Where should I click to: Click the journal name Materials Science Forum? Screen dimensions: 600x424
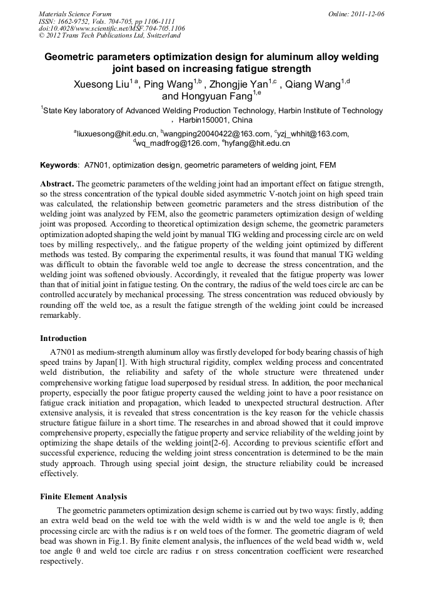tap(75, 14)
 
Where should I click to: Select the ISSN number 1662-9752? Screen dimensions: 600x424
tap(78, 21)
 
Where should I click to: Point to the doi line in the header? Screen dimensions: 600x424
tap(111, 28)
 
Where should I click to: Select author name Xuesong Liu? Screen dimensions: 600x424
tap(101, 84)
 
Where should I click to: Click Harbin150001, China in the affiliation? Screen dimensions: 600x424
tap(216, 120)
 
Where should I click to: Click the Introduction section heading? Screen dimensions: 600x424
tap(63, 338)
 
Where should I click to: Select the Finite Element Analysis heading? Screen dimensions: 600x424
tap(83, 497)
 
